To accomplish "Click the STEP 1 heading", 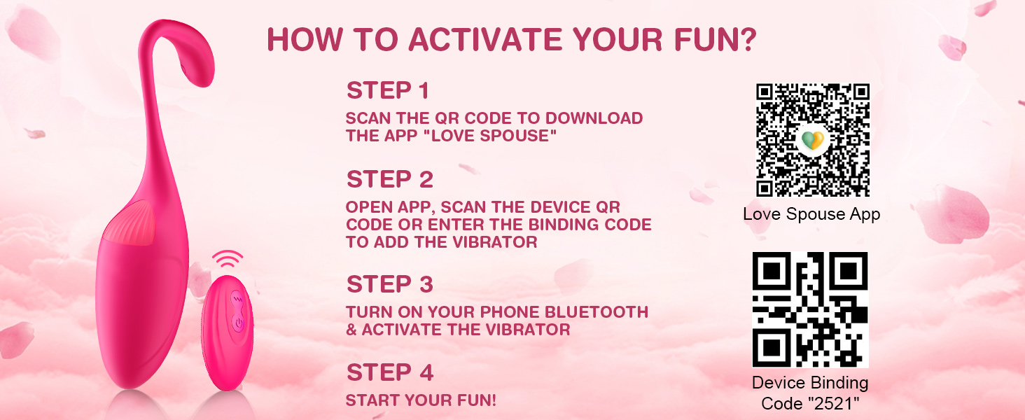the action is point(388,90).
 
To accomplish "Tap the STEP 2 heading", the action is point(390,179).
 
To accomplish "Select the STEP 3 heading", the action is point(390,284).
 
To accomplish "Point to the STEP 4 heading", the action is point(390,372).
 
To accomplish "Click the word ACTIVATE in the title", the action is point(485,39).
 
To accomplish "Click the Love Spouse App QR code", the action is point(813,140).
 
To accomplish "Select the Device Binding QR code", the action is point(810,309).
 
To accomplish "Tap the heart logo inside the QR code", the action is point(813,140).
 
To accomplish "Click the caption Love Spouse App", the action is point(811,214).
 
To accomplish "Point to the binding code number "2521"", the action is point(833,403).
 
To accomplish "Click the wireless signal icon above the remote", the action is point(228,259).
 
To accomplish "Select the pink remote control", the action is point(228,332).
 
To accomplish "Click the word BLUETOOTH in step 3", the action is point(597,312).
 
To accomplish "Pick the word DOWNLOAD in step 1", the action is point(594,118).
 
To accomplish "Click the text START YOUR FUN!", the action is point(421,400).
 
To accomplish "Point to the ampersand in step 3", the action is point(351,330).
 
